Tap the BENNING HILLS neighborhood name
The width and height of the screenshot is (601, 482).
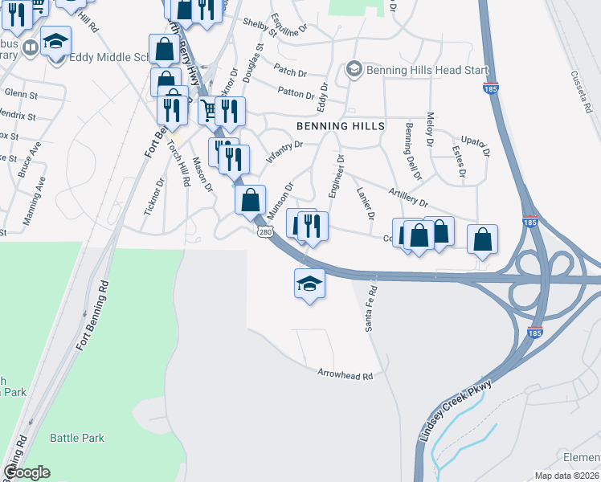coord(341,126)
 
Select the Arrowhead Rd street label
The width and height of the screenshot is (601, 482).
coord(346,375)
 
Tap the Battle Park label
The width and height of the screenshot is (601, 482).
coord(77,438)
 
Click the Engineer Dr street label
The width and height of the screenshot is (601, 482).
coord(335,176)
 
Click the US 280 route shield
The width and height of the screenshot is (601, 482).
coord(267,231)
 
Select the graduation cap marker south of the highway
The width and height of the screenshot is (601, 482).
coord(309,283)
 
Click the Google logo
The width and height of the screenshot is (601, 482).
coord(27,472)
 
